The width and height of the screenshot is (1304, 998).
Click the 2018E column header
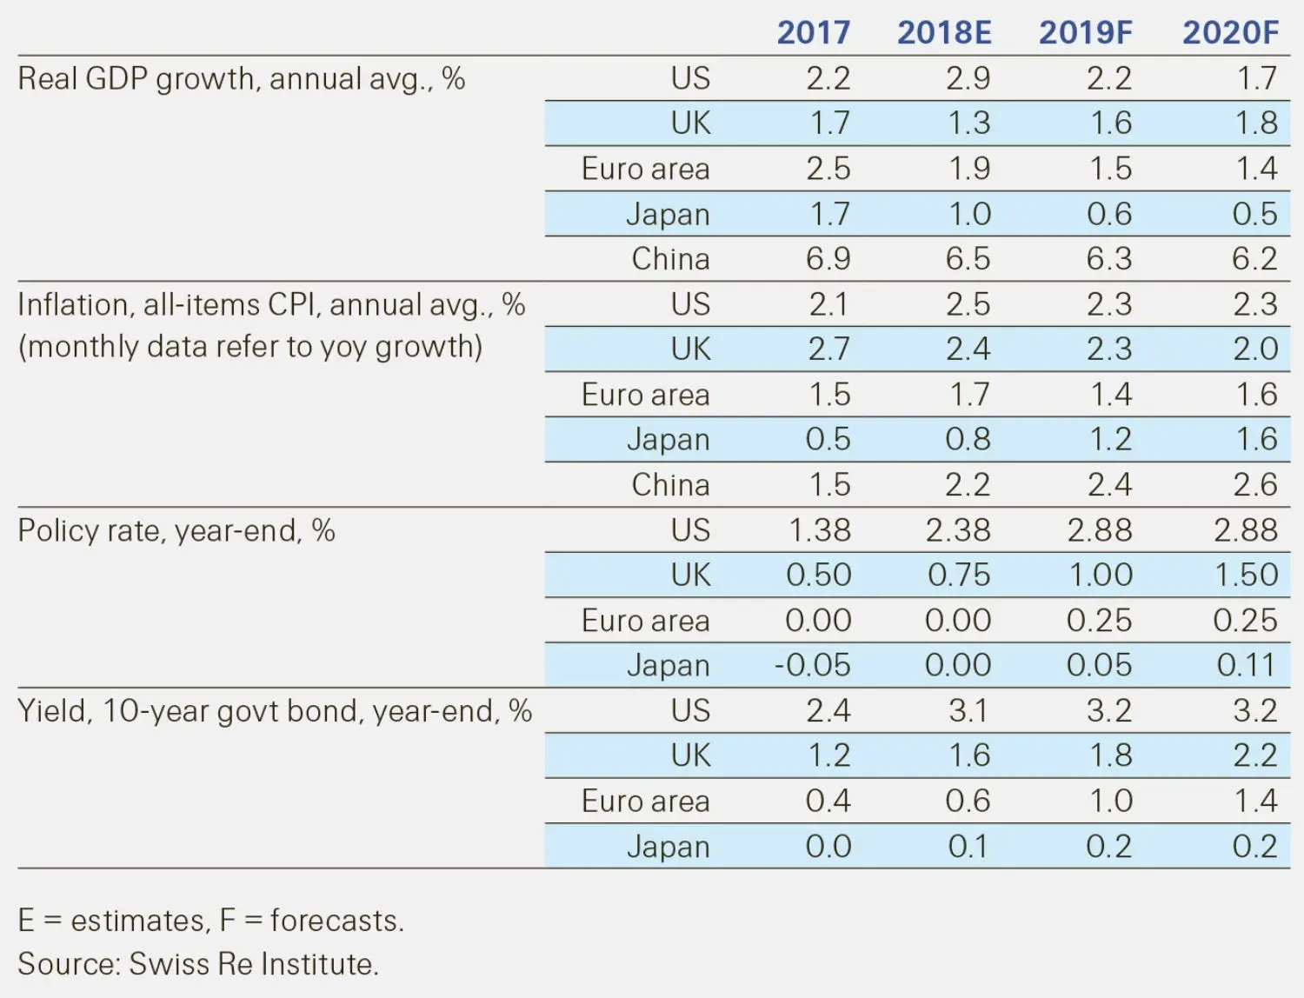944,33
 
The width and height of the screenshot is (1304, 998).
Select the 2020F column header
1230,33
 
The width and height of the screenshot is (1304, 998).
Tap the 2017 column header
813,33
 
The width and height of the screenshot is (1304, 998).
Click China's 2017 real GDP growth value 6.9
828,259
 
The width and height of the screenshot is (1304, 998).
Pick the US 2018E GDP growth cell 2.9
968,78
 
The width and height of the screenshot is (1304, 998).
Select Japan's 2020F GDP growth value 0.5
1254,214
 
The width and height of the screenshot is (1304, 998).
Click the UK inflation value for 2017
828,349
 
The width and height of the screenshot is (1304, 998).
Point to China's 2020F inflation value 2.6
1254,485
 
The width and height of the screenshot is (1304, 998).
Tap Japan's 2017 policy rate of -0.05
812,665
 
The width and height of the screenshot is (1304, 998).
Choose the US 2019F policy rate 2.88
1100,530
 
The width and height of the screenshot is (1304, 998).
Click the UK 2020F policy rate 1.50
1246,575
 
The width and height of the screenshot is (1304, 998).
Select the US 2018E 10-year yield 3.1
968,711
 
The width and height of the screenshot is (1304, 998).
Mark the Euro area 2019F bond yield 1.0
1111,801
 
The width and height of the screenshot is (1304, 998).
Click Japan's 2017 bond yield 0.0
828,846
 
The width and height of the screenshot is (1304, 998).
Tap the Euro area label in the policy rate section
645,621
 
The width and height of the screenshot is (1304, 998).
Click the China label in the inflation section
670,485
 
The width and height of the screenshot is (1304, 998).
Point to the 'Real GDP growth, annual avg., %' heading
242,79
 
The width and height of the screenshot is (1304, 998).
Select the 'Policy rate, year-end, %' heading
176,530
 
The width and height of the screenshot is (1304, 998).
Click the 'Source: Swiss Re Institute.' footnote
198,964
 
